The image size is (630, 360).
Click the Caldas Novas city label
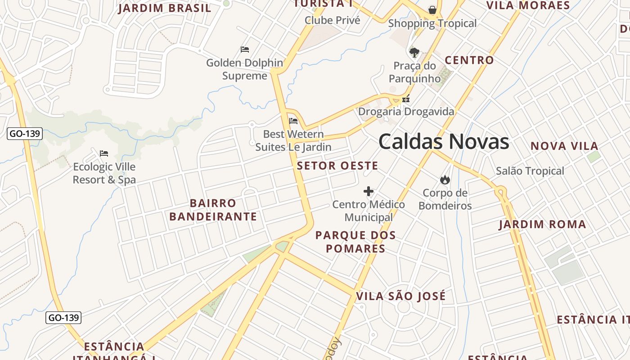(x=443, y=142)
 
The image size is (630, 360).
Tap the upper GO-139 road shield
(x=25, y=133)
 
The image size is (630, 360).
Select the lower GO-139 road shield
(x=63, y=317)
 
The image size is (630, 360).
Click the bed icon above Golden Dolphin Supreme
(x=245, y=49)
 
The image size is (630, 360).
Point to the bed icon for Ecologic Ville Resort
(x=104, y=153)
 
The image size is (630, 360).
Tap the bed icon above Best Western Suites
(x=293, y=121)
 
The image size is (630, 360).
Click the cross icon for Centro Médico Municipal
(x=369, y=192)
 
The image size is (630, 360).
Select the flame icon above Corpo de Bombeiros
(x=445, y=180)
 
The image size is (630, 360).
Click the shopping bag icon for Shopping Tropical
(x=432, y=10)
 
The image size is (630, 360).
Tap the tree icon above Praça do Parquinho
(x=414, y=52)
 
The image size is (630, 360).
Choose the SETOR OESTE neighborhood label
(x=337, y=166)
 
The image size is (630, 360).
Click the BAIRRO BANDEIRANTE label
(x=213, y=210)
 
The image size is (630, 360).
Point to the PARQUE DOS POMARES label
(x=355, y=242)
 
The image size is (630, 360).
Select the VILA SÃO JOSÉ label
(x=401, y=296)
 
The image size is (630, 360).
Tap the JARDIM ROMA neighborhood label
(x=542, y=225)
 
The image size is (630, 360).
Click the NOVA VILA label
(x=564, y=146)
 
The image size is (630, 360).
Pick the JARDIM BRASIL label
(x=165, y=8)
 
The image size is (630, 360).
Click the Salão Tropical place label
(x=530, y=171)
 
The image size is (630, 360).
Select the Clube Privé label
(x=333, y=20)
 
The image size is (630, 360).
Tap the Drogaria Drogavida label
(x=406, y=111)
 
